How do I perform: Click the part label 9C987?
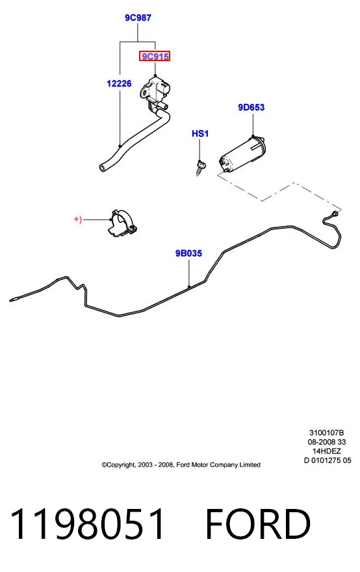point(138,18)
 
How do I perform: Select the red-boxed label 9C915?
point(155,57)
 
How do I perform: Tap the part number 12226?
point(119,84)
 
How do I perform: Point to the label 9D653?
point(251,107)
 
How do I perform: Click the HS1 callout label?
point(200,133)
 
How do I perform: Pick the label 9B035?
point(188,253)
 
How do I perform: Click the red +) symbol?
point(78,219)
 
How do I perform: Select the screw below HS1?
point(201,168)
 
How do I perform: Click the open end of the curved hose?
point(103,168)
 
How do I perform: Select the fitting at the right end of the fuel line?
point(334,213)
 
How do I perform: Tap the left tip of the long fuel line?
point(10,300)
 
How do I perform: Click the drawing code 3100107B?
point(326,433)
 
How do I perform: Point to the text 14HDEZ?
point(326,451)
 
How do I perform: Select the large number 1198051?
point(87,524)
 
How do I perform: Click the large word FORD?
point(258,524)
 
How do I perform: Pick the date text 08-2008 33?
point(326,442)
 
